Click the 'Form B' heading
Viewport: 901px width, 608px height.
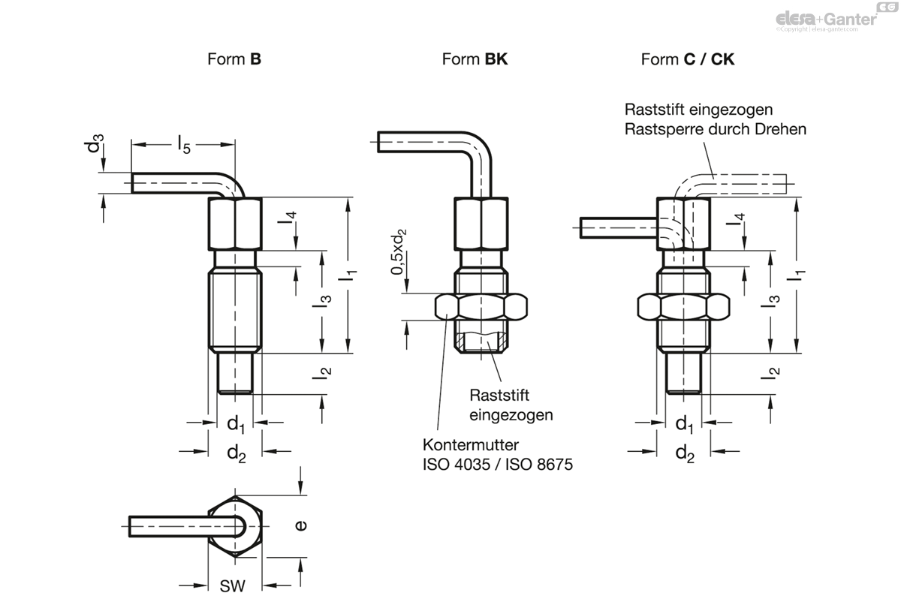click(x=234, y=59)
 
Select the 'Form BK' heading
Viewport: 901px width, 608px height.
click(x=475, y=59)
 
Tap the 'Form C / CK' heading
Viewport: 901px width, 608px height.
click(x=688, y=59)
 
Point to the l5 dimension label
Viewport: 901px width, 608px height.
click(x=184, y=145)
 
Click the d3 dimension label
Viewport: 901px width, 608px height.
click(x=95, y=143)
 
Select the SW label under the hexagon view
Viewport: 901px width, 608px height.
click(x=233, y=586)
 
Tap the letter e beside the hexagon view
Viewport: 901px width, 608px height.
click(x=301, y=525)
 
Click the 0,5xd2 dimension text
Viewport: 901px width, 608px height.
click(x=398, y=251)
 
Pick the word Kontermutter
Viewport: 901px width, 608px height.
click(x=471, y=444)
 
